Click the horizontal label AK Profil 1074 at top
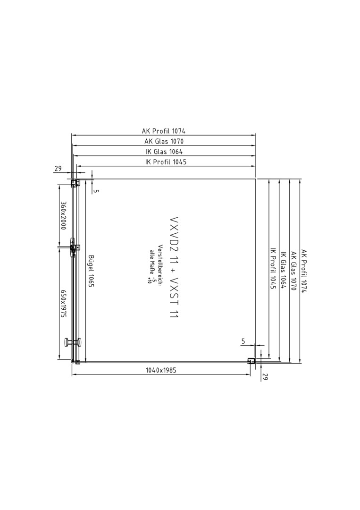[163, 131]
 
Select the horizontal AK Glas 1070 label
[164, 141]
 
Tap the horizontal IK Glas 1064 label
[164, 152]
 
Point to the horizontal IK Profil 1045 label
[166, 161]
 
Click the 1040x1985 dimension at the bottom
[161, 370]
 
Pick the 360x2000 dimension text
[63, 215]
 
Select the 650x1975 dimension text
[63, 304]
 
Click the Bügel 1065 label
[91, 271]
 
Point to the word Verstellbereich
[160, 265]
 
